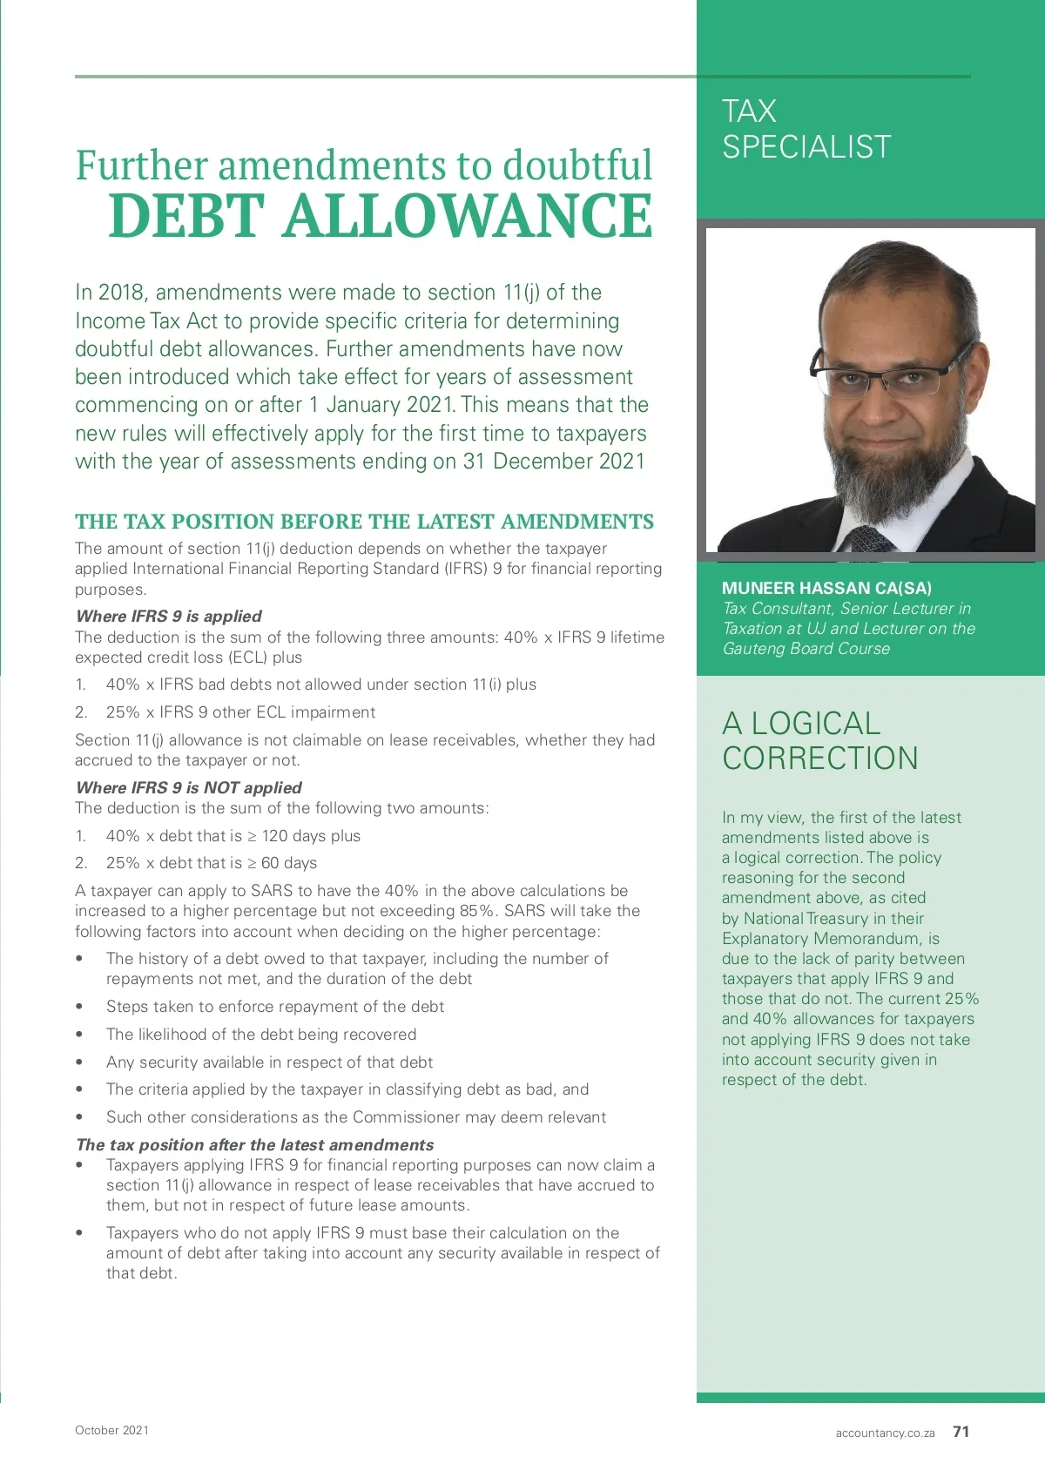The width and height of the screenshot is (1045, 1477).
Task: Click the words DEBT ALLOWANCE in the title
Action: pyautogui.click(x=381, y=216)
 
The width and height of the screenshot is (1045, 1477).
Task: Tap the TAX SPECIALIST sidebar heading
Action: pyautogui.click(x=806, y=129)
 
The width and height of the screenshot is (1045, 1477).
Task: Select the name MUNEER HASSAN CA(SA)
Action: pyautogui.click(x=826, y=588)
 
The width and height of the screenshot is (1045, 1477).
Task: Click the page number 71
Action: pyautogui.click(x=961, y=1432)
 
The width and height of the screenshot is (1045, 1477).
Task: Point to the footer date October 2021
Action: pyautogui.click(x=111, y=1430)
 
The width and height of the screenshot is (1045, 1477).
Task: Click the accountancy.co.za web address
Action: pyautogui.click(x=885, y=1433)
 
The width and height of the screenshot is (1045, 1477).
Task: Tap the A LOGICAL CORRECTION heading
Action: pyautogui.click(x=819, y=741)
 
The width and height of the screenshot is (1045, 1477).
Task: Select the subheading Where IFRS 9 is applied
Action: pyautogui.click(x=169, y=616)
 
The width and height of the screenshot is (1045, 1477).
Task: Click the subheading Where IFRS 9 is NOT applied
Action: pyautogui.click(x=189, y=787)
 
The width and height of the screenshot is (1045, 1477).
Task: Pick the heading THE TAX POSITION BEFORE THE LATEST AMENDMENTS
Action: pyautogui.click(x=364, y=522)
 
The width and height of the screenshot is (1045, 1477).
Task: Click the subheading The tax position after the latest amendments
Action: pyautogui.click(x=255, y=1144)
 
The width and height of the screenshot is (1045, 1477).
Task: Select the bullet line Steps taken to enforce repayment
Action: pyautogui.click(x=275, y=1007)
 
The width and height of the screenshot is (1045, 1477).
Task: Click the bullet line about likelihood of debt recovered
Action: pyautogui.click(x=261, y=1035)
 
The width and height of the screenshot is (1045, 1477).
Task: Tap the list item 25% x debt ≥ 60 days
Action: pyautogui.click(x=212, y=863)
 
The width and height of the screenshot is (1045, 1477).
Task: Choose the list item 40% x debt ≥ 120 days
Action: pyautogui.click(x=233, y=836)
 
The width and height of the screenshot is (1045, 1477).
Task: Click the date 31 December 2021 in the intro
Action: pyautogui.click(x=554, y=462)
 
